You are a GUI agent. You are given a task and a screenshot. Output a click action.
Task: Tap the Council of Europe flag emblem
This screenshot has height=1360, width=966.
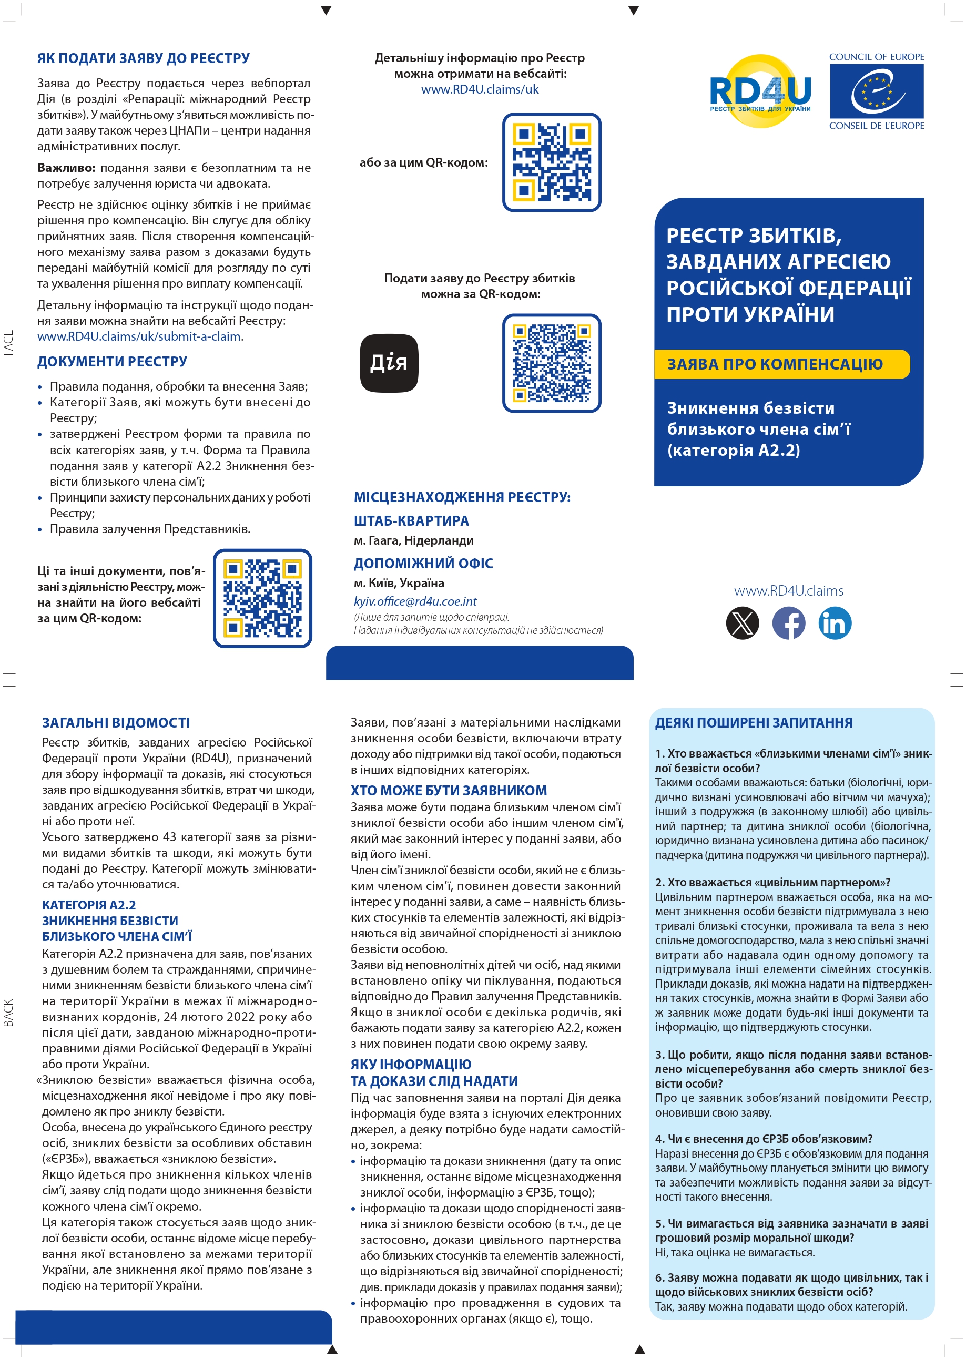point(876,91)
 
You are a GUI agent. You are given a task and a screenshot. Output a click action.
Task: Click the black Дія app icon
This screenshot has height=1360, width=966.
point(389,363)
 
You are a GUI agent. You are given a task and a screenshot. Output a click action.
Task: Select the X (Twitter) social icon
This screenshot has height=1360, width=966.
point(743,622)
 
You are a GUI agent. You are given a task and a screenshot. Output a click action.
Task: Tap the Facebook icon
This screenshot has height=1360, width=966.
point(789,622)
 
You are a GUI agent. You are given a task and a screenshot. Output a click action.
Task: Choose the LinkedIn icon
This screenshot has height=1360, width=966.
point(835,622)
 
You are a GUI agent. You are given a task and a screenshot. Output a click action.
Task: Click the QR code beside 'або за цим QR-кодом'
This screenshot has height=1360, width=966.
point(552,162)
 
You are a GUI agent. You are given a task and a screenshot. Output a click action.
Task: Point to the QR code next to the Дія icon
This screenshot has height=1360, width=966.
point(552,363)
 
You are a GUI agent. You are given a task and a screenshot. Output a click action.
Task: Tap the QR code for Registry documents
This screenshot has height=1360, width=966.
point(262,598)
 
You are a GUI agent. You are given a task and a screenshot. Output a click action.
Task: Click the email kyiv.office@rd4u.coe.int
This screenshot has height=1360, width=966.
point(415,601)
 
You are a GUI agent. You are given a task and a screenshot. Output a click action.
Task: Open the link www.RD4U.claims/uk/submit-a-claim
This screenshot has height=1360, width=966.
point(139,336)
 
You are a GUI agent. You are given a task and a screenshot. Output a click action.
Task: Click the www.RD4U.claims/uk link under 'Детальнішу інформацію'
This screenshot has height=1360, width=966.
point(480,90)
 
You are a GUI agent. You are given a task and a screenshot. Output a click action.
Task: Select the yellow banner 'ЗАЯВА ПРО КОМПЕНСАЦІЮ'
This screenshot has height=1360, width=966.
point(781,364)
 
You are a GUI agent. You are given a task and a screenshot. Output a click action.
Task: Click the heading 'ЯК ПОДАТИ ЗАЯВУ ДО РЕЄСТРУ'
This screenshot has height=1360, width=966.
point(144,58)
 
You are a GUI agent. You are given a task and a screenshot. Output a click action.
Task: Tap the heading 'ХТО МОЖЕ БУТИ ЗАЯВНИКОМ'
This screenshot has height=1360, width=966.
point(449,790)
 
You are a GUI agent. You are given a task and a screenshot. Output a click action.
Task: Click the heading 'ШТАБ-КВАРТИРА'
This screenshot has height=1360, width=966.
point(411,521)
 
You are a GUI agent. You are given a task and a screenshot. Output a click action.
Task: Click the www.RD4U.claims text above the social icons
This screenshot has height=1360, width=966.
point(788,590)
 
